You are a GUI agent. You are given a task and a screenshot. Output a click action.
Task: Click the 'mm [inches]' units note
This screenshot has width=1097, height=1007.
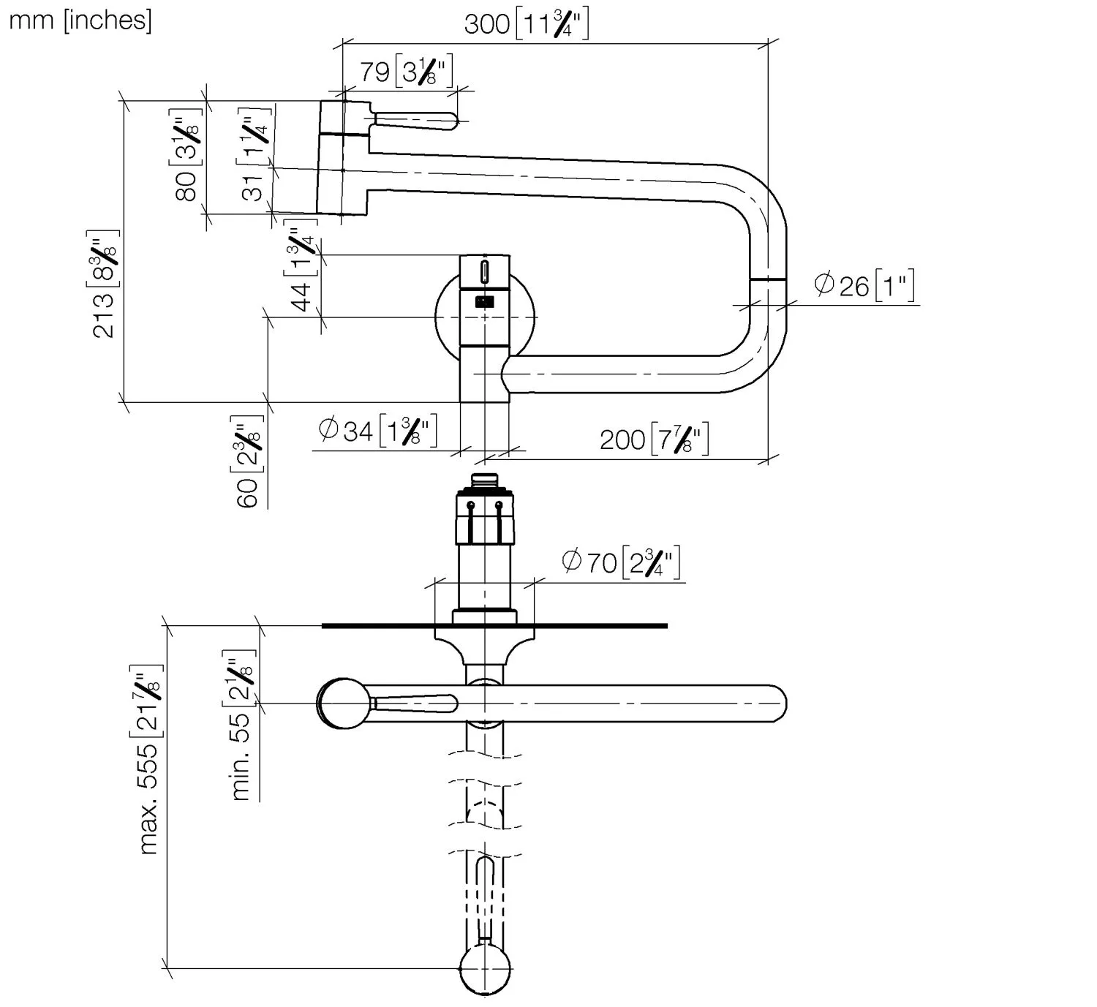[x=80, y=20]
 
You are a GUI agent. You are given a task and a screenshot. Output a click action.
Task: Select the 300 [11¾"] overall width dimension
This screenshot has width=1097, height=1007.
[x=526, y=24]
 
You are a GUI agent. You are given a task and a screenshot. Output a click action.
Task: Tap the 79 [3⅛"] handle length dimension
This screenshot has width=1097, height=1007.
[x=406, y=72]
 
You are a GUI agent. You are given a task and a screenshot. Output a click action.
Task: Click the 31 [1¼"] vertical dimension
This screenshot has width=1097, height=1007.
[x=252, y=156]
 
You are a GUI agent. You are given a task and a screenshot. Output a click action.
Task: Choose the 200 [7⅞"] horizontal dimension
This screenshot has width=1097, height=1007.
[x=654, y=439]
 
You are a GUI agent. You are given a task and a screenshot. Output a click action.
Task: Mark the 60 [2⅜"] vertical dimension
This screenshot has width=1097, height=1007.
[x=247, y=461]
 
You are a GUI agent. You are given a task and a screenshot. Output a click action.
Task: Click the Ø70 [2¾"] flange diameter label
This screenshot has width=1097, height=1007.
[x=621, y=562]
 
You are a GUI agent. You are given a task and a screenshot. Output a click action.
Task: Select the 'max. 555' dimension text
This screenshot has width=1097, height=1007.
[x=147, y=761]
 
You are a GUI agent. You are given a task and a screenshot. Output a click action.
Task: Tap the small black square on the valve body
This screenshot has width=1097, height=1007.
[x=484, y=301]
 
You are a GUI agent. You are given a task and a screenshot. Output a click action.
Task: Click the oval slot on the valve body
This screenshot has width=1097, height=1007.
[x=484, y=271]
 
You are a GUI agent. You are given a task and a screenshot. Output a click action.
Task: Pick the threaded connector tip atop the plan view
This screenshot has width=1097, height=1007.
[x=484, y=480]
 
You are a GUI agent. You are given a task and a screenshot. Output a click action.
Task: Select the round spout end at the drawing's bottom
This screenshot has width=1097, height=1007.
[x=484, y=970]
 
